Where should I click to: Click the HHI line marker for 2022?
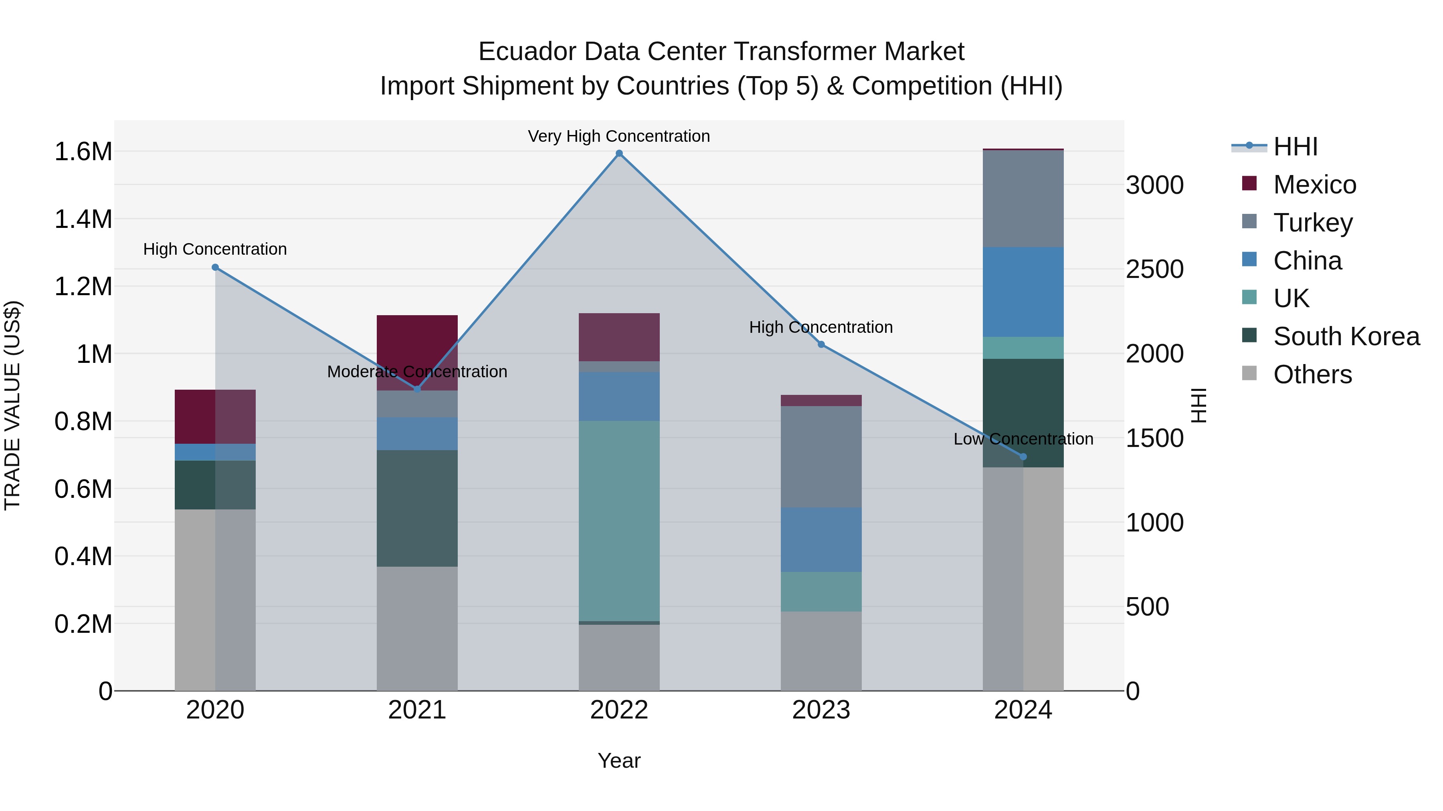pyautogui.click(x=619, y=153)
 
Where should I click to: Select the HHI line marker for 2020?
pyautogui.click(x=215, y=268)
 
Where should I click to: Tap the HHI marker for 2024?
pyautogui.click(x=1023, y=457)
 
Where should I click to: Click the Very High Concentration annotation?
pyautogui.click(x=619, y=136)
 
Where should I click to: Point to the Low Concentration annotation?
pyautogui.click(x=1023, y=439)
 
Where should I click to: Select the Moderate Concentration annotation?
pyautogui.click(x=417, y=372)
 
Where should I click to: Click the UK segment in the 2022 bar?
pyautogui.click(x=619, y=521)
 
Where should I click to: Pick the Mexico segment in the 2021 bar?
pyautogui.click(x=417, y=352)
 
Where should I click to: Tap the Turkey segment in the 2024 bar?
pyautogui.click(x=1023, y=199)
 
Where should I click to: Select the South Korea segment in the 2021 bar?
pyautogui.click(x=417, y=508)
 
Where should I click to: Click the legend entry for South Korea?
pyautogui.click(x=1346, y=336)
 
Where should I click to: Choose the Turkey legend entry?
pyautogui.click(x=1312, y=223)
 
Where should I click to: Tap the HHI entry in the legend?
pyautogui.click(x=1295, y=147)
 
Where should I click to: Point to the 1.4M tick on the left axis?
pyautogui.click(x=83, y=219)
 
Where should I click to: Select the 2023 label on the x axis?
pyautogui.click(x=821, y=710)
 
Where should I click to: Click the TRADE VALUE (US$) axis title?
pyautogui.click(x=12, y=405)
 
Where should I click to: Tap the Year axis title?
pyautogui.click(x=619, y=761)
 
